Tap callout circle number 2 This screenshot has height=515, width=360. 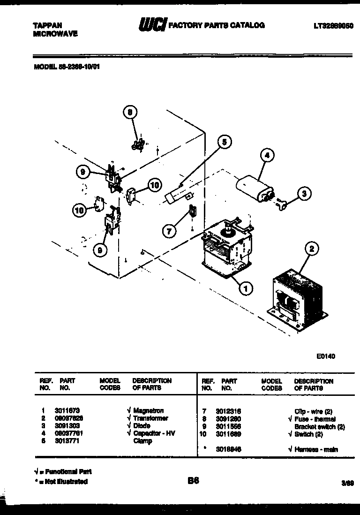(311, 249)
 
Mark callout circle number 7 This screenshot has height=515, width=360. (170, 230)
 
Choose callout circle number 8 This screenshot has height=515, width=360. (131, 112)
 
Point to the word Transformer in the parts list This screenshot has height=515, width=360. (150, 418)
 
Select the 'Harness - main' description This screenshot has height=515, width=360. (317, 449)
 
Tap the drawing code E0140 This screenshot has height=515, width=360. (326, 356)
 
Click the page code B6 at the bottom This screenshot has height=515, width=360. (193, 481)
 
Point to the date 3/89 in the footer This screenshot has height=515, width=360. (347, 483)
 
